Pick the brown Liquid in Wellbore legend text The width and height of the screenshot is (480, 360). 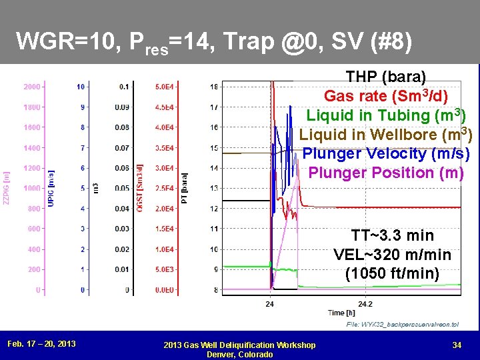pos(386,134)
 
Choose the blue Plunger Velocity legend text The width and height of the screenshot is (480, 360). pos(386,153)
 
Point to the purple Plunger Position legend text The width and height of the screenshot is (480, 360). pos(386,173)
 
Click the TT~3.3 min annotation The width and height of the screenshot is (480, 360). pos(392,235)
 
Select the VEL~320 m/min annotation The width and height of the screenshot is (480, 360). pos(392,255)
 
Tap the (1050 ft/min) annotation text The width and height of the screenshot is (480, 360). pos(392,273)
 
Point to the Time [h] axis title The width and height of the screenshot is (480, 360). pos(341,312)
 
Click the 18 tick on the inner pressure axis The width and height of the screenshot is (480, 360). pos(213,87)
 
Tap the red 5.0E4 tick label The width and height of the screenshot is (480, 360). pos(165,87)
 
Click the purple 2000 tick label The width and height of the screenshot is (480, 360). pos(31,87)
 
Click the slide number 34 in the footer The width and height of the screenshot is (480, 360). pos(457,345)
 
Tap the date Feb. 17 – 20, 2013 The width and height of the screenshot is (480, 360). pos(41,344)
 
